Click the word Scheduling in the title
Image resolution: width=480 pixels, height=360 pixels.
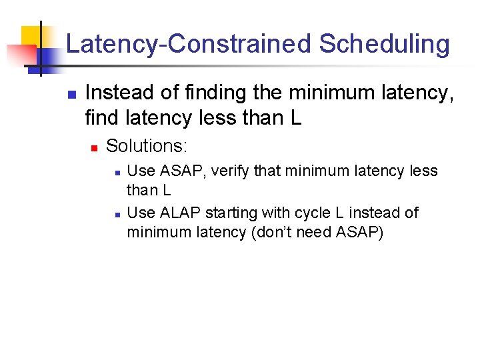click(385, 45)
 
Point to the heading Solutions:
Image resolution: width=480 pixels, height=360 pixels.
click(147, 145)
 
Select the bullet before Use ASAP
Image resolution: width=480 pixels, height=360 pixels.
click(117, 172)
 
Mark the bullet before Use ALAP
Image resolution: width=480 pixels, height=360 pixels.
click(117, 214)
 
